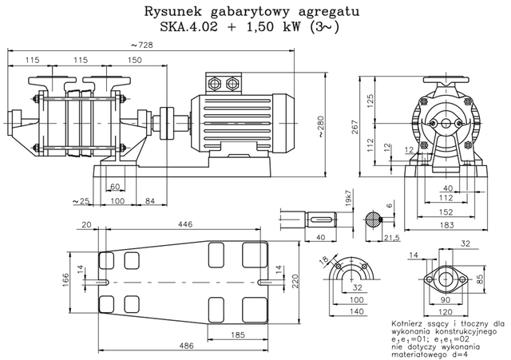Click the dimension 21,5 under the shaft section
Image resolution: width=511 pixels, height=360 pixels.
tap(392, 238)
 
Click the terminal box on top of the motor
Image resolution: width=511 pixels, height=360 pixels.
tap(223, 82)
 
